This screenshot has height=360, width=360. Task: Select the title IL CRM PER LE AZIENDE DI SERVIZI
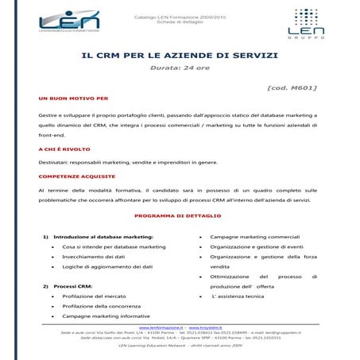click(180, 55)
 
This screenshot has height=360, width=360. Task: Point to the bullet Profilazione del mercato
click(94, 296)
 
